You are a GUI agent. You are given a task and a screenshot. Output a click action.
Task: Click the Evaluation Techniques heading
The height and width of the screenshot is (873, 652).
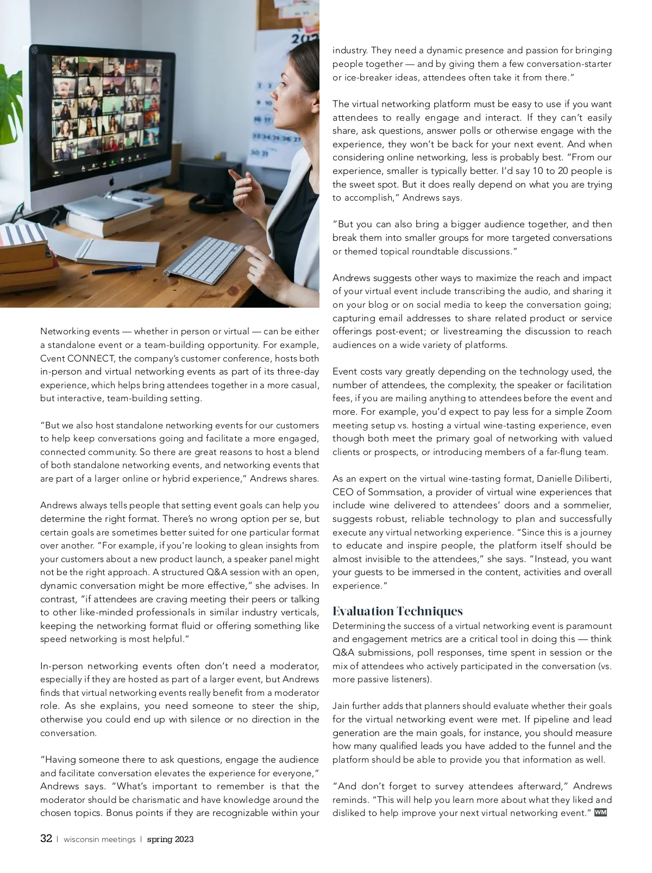click(397, 611)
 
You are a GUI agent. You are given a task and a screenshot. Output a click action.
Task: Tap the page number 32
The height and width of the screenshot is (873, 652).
click(46, 838)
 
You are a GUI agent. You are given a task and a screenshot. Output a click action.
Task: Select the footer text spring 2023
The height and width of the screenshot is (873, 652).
click(170, 839)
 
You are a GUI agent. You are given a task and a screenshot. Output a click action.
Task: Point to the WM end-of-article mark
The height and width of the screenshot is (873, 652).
click(600, 813)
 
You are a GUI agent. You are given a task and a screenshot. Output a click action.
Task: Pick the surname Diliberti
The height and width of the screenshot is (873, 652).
click(591, 478)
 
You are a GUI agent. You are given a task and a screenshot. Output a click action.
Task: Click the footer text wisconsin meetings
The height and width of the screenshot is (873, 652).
click(99, 839)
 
